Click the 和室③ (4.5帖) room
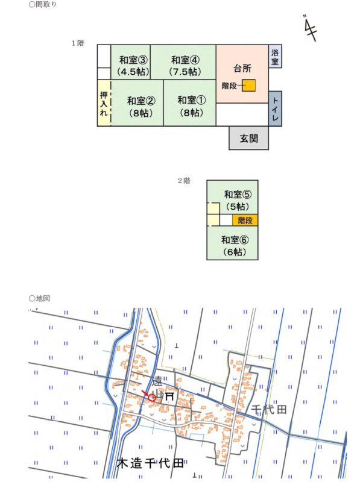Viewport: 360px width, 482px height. (130, 63)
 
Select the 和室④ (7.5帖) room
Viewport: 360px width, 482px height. (183, 63)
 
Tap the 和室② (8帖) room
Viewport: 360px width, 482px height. (137, 103)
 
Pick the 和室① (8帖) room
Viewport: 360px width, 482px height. (189, 103)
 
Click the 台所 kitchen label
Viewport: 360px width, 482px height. (242, 68)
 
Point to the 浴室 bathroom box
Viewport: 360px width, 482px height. (275, 56)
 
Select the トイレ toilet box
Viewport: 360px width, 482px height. (275, 108)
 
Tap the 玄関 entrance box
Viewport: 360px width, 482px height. (248, 138)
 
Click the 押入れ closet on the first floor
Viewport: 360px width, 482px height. (104, 103)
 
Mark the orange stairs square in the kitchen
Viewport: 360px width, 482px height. (248, 86)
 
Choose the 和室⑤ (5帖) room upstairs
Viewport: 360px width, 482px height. (232, 197)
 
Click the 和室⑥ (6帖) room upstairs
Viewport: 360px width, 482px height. (232, 243)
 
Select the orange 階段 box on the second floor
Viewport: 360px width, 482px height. (245, 220)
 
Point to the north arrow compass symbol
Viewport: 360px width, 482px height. (310, 28)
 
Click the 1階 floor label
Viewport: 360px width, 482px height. (78, 43)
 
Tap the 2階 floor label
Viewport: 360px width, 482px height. (184, 181)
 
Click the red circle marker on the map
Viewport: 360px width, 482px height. (152, 398)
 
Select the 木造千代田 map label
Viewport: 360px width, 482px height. (150, 463)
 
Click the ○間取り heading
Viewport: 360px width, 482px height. (42, 4)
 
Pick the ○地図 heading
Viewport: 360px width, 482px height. (39, 298)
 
